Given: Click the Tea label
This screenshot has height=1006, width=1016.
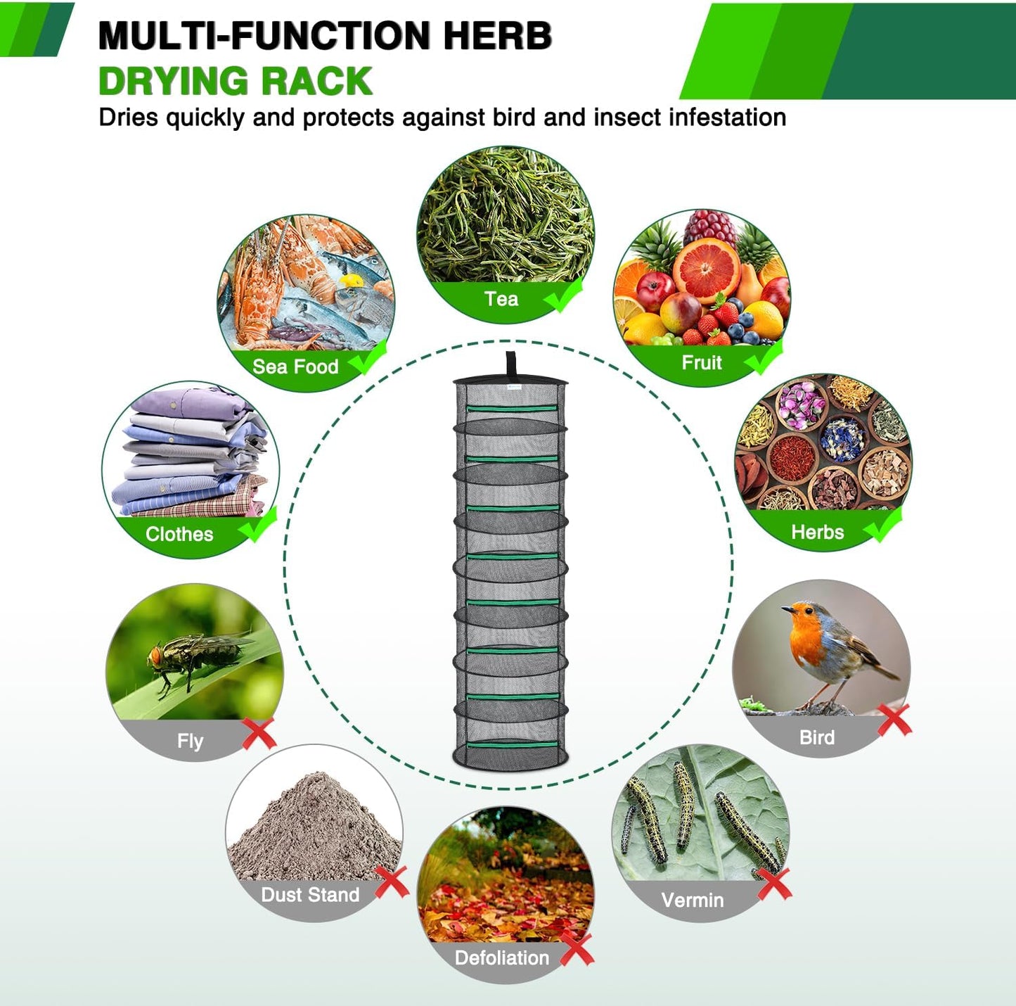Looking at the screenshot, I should click(501, 299).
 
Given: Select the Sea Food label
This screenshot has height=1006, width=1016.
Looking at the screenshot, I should click(295, 367).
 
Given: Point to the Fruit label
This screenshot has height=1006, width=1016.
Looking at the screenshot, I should click(702, 362).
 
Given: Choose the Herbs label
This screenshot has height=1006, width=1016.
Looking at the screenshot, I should click(817, 532).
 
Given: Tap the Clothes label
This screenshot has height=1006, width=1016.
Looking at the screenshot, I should click(179, 534).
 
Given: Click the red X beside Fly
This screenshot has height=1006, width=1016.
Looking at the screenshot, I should click(259, 734).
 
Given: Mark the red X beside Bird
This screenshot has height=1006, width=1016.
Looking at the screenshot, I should click(894, 720).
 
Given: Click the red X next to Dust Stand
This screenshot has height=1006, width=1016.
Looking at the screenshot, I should click(392, 881).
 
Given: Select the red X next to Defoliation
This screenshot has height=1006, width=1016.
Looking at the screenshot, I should click(577, 950).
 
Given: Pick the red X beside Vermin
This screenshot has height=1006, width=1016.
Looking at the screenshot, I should click(774, 884).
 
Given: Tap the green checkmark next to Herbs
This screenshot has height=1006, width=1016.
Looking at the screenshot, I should click(883, 525).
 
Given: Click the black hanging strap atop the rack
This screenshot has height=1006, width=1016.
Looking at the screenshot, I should click(511, 364).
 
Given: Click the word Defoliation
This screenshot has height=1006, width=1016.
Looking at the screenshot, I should click(501, 957).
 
